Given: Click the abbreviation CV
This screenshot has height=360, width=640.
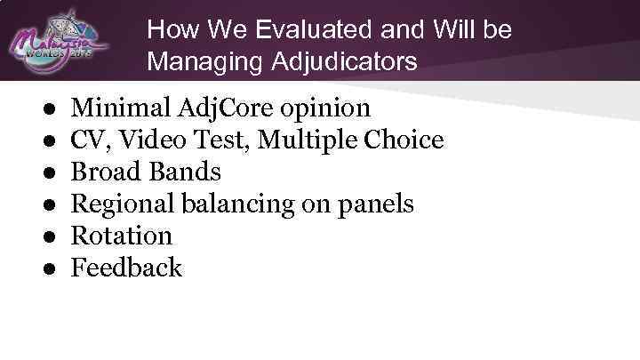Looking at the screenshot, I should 87,140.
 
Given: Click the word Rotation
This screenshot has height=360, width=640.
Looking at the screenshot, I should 121,236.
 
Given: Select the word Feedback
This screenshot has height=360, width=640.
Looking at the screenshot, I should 126,268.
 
